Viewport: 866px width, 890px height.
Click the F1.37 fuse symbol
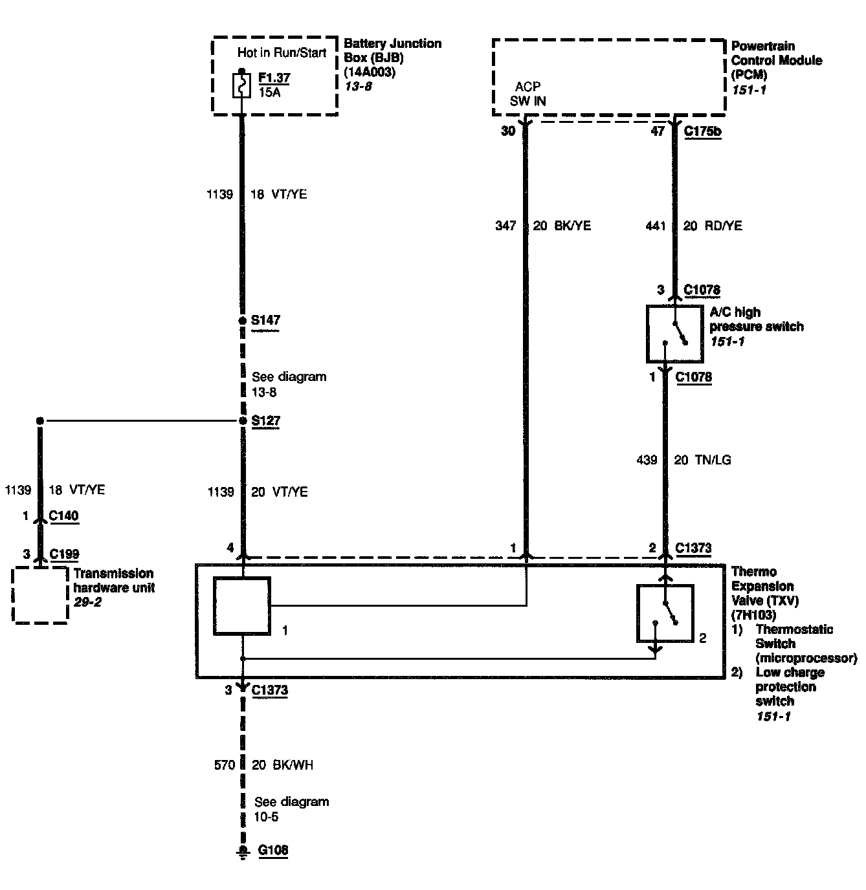[x=242, y=85]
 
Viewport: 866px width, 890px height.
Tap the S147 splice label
[x=265, y=320]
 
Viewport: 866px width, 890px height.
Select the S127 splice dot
[x=243, y=421]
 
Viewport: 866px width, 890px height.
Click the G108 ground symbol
[x=243, y=852]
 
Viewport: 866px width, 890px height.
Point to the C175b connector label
[x=702, y=131]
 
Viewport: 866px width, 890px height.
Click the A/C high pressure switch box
[x=674, y=334]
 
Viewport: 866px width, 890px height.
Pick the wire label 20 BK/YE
[x=562, y=226]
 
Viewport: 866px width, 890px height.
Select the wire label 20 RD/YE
[x=713, y=226]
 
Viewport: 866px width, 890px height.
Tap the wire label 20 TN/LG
[x=702, y=460]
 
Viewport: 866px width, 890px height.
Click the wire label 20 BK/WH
[x=282, y=765]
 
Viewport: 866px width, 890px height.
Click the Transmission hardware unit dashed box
[x=40, y=595]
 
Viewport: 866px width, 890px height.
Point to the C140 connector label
[x=64, y=516]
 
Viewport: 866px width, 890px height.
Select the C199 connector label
[x=64, y=554]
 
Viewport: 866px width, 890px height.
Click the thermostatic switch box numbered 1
[x=242, y=606]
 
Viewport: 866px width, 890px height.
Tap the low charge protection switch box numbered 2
[x=665, y=613]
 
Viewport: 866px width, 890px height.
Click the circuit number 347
[x=505, y=226]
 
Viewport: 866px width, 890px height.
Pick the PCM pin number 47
[x=658, y=131]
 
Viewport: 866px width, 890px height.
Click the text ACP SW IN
[x=527, y=94]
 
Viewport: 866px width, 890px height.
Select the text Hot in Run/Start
[x=282, y=53]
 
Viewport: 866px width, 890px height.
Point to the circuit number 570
[x=224, y=765]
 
